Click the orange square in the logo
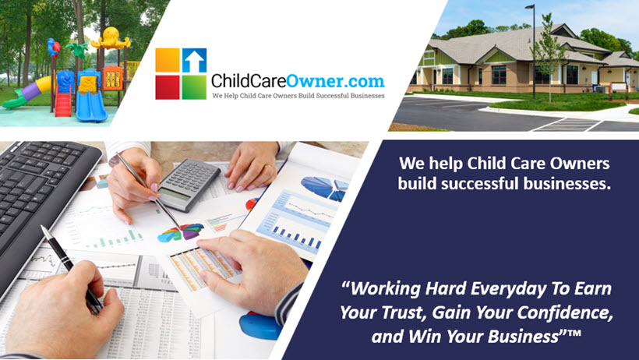168,60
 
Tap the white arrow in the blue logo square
194,62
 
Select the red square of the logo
168,87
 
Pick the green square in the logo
194,87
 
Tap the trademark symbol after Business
574,333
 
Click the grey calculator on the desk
189,184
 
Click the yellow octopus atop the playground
111,38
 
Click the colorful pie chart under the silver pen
181,232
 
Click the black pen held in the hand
72,269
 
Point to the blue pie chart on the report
325,189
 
